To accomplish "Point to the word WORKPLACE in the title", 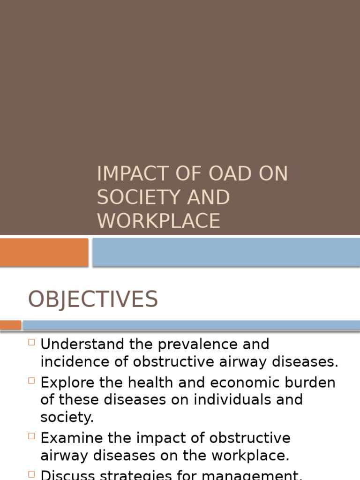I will [x=158, y=221].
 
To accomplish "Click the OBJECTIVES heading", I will [x=93, y=300].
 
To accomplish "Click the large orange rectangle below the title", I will [x=44, y=252].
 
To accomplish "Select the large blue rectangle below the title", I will [x=226, y=252].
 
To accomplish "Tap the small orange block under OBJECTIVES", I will [x=10, y=325].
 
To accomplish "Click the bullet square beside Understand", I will [x=31, y=342].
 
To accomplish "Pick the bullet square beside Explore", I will [x=31, y=381].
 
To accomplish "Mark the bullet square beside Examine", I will [x=31, y=436].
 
